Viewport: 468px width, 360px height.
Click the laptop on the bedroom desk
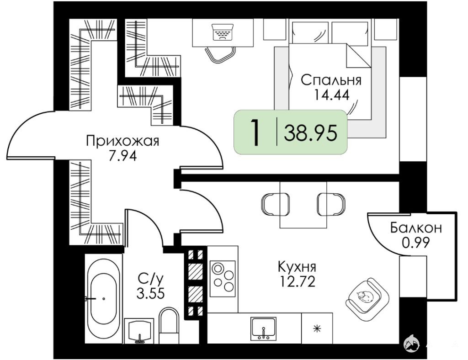(222, 32)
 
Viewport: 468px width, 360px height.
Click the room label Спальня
(331, 80)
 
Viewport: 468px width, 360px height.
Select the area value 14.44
(331, 95)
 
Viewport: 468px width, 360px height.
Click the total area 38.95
(310, 133)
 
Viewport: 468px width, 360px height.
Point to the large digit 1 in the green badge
(255, 132)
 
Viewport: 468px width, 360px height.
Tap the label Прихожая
(122, 141)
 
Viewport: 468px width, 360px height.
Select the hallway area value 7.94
(122, 155)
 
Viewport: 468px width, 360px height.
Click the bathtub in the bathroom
(104, 298)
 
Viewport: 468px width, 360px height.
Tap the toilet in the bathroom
(169, 326)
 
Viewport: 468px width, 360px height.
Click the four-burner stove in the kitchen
(223, 279)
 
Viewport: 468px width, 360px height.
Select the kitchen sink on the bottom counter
(264, 328)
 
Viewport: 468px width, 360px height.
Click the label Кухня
(297, 267)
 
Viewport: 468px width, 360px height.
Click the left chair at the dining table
(275, 203)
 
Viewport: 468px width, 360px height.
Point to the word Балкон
(416, 228)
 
